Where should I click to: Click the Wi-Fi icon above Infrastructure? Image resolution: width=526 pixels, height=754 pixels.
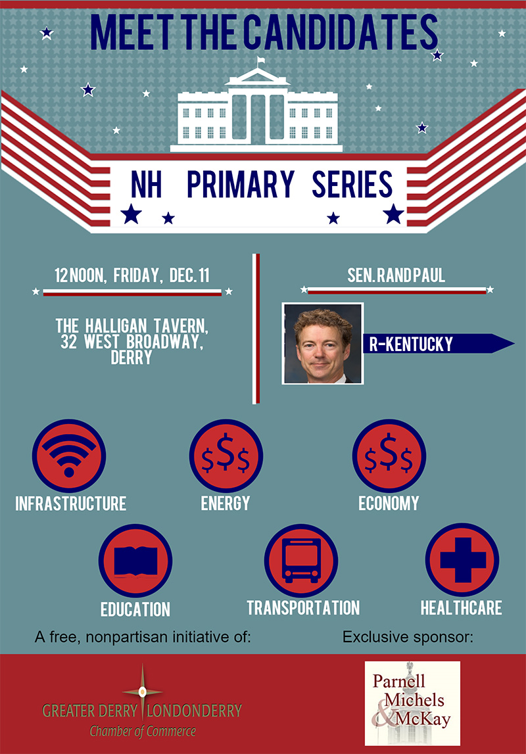pos(69,456)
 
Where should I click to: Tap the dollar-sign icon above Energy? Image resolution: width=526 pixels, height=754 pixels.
pos(226,456)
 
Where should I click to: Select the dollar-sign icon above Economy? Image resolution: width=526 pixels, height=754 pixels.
pos(389,456)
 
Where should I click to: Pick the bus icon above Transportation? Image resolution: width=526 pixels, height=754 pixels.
pos(301,561)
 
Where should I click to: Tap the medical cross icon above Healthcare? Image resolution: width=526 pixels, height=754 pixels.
pos(462,559)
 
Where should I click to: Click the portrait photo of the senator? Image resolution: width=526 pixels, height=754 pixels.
pos(323,343)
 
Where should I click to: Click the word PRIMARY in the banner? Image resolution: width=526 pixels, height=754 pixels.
pos(241,184)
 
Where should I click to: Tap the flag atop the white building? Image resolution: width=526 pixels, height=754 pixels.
pos(260,60)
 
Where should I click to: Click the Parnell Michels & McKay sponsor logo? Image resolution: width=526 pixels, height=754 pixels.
pos(412,703)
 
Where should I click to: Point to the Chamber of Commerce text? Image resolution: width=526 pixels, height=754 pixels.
pos(143,732)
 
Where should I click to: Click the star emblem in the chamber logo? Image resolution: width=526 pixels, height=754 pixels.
pos(142,692)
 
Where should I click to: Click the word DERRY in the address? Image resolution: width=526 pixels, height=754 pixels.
pos(131,358)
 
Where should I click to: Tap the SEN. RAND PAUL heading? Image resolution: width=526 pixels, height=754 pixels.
pos(396,275)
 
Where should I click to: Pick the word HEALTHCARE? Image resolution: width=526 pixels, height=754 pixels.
pos(462,608)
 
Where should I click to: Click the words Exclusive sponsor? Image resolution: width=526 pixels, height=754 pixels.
pos(408,637)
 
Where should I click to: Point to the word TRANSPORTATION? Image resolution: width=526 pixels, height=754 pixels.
pos(303,608)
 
